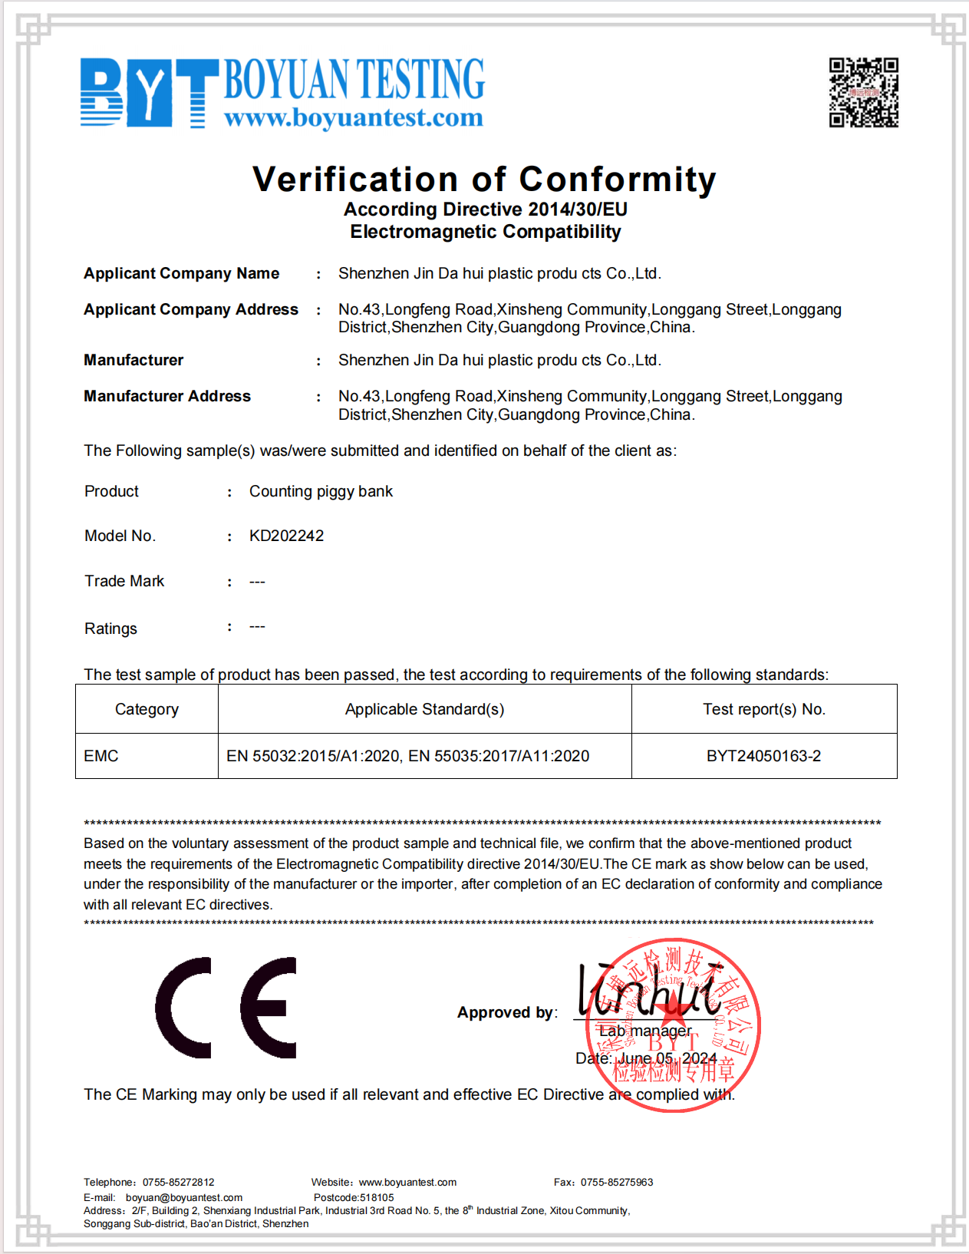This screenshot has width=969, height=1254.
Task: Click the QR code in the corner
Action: pyautogui.click(x=863, y=92)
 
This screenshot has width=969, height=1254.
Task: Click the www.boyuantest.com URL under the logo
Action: pyautogui.click(x=354, y=118)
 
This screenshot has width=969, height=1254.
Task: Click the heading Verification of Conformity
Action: pyautogui.click(x=484, y=180)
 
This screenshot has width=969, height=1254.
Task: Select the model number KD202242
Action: pyautogui.click(x=286, y=536)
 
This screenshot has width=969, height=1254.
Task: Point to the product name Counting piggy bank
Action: pyautogui.click(x=321, y=491)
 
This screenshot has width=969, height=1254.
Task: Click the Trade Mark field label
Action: pyautogui.click(x=124, y=581)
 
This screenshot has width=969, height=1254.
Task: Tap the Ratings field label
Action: pyautogui.click(x=110, y=629)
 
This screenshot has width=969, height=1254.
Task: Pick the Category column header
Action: pyautogui.click(x=147, y=709)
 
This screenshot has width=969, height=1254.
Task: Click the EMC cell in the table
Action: pyautogui.click(x=101, y=756)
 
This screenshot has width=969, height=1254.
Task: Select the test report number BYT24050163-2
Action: pyautogui.click(x=763, y=756)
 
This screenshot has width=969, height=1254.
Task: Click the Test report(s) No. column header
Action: pyautogui.click(x=764, y=709)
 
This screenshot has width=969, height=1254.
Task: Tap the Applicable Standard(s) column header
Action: pyautogui.click(x=424, y=709)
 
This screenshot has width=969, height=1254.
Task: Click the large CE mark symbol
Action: pyautogui.click(x=226, y=1008)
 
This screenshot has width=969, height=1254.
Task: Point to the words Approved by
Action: pyautogui.click(x=506, y=1012)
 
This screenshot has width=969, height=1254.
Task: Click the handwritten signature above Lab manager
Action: pyautogui.click(x=648, y=989)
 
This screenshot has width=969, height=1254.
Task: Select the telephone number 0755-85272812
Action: pyautogui.click(x=179, y=1183)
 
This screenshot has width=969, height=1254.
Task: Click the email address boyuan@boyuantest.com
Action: pyautogui.click(x=184, y=1197)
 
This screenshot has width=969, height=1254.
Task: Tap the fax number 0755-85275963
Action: pyautogui.click(x=617, y=1183)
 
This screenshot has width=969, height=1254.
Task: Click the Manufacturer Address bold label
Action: pyautogui.click(x=167, y=396)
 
